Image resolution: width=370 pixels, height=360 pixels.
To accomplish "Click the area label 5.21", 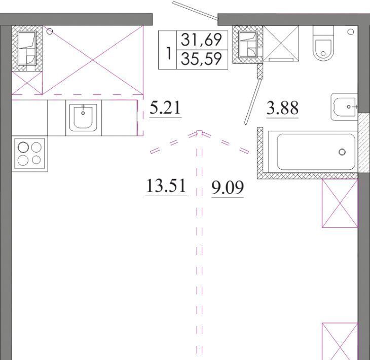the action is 165,107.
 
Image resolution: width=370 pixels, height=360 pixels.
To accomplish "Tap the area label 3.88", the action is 282,108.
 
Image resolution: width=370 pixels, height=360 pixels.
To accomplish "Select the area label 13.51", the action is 166,186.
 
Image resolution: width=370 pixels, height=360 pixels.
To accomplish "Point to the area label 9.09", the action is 228,188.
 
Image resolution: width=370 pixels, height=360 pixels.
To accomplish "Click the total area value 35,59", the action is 201,59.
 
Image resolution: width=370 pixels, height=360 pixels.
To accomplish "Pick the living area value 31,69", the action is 201,40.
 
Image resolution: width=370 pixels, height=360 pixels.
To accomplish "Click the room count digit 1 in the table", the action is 168,54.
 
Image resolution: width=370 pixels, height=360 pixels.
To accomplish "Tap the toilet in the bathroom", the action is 323,43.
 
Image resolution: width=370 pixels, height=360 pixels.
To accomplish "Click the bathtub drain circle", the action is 342,152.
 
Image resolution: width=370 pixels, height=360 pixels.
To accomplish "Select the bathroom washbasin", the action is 344,107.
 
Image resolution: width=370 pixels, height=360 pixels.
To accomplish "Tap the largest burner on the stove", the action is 23,148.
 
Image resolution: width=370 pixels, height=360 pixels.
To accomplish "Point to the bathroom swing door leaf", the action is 253,102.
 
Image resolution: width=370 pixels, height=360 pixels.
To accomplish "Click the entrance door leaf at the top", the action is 195,10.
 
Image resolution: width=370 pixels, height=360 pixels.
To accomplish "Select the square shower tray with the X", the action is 281,44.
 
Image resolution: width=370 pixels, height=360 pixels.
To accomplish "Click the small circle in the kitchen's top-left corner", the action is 50,31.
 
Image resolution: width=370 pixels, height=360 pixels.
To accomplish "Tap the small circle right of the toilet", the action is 351,31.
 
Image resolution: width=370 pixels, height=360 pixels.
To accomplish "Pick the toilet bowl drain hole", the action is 323,54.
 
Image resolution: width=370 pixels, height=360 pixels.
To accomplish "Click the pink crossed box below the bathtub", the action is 340,203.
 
